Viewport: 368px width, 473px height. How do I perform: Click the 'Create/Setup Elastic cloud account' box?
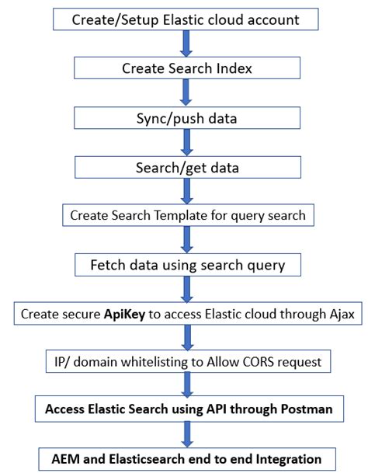tap(185, 19)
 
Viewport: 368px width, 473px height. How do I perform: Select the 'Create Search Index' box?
tap(185, 68)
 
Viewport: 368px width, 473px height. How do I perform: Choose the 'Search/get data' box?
tap(185, 166)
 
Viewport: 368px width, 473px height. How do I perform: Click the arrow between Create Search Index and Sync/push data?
tap(185, 92)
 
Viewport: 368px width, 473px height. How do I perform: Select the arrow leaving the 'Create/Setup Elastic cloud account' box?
tap(185, 43)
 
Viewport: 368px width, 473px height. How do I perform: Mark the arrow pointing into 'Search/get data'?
tap(185, 141)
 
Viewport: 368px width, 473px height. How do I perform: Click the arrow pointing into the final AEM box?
tap(185, 433)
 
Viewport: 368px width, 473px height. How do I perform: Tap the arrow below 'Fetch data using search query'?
tap(185, 289)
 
